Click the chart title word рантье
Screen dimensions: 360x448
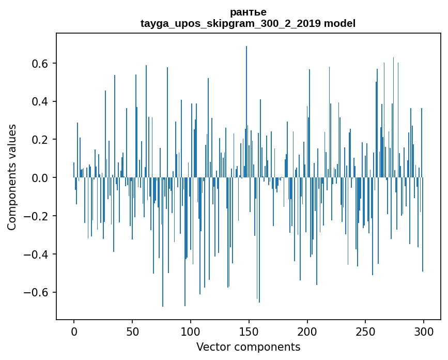coord(248,12)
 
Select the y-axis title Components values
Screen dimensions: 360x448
coord(12,177)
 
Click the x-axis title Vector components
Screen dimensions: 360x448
coord(248,347)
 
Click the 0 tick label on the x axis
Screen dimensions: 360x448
coord(74,331)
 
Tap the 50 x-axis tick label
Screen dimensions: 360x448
coord(132,331)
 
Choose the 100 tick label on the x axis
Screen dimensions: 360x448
coord(191,331)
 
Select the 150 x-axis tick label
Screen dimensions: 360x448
coord(249,331)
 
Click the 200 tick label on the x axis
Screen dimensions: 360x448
coord(307,331)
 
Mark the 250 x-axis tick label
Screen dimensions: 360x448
coord(365,331)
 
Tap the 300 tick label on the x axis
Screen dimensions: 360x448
coord(424,331)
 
